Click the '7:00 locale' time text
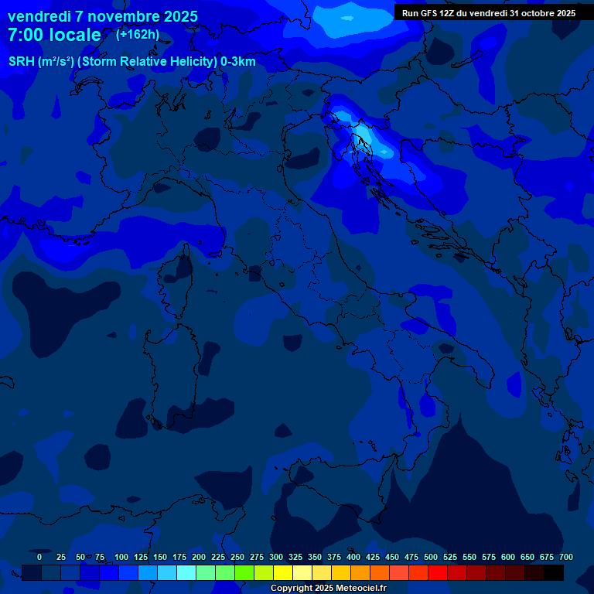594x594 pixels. (54, 35)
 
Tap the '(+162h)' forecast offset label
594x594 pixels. (137, 34)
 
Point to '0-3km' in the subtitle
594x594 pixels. (238, 62)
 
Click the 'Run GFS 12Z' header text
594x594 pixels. (428, 13)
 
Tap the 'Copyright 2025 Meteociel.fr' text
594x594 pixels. (328, 589)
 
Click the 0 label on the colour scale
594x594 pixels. (39, 557)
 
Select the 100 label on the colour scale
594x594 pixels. (121, 557)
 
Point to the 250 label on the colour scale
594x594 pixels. (237, 557)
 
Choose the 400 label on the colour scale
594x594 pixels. (353, 557)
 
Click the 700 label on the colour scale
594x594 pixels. (566, 557)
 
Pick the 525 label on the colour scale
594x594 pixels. (450, 557)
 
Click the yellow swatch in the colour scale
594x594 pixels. (283, 572)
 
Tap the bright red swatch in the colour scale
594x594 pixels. (438, 572)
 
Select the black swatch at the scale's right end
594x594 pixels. (554, 572)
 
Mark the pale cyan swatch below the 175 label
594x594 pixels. (186, 572)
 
